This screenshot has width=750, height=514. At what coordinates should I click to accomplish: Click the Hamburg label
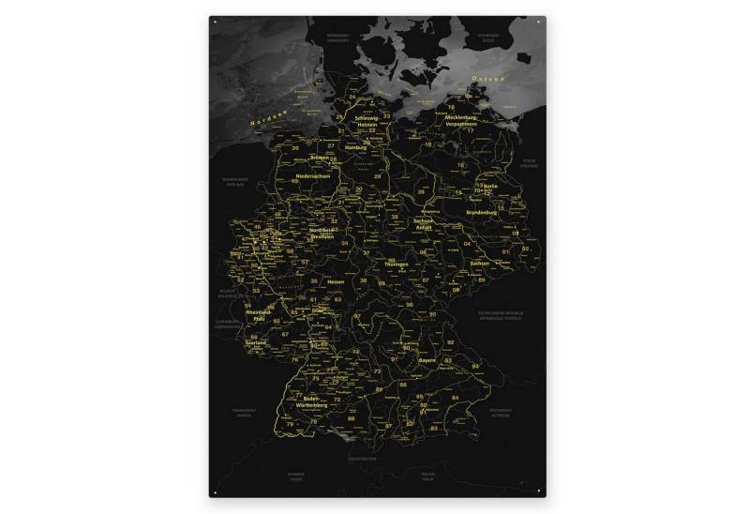click(354, 148)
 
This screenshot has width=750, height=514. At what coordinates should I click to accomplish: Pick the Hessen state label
click(337, 281)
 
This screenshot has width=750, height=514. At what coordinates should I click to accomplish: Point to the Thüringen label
click(396, 265)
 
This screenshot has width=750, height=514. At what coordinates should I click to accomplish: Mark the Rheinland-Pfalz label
click(258, 315)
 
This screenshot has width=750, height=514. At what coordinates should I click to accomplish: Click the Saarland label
click(255, 342)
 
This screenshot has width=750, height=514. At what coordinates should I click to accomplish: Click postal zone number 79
click(290, 424)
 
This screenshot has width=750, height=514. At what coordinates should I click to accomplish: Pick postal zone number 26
click(295, 147)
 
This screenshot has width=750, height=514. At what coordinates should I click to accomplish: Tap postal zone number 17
click(470, 130)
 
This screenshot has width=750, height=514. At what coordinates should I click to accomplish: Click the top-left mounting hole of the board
click(214, 20)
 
